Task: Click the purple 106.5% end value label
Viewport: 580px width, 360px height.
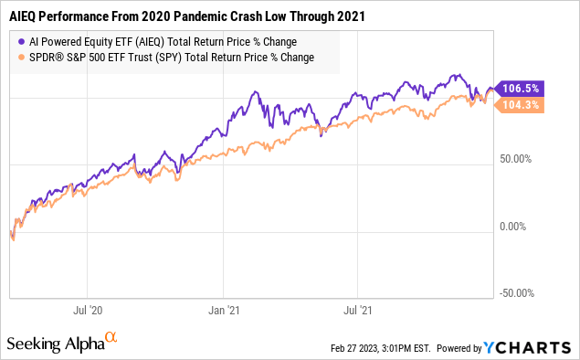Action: (x=522, y=89)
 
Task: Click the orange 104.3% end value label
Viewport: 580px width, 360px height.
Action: (x=522, y=106)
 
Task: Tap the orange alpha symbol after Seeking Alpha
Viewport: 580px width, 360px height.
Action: (x=111, y=338)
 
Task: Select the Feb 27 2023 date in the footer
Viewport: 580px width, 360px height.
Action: (x=351, y=348)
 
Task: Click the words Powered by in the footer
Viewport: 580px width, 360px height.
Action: (x=461, y=348)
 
